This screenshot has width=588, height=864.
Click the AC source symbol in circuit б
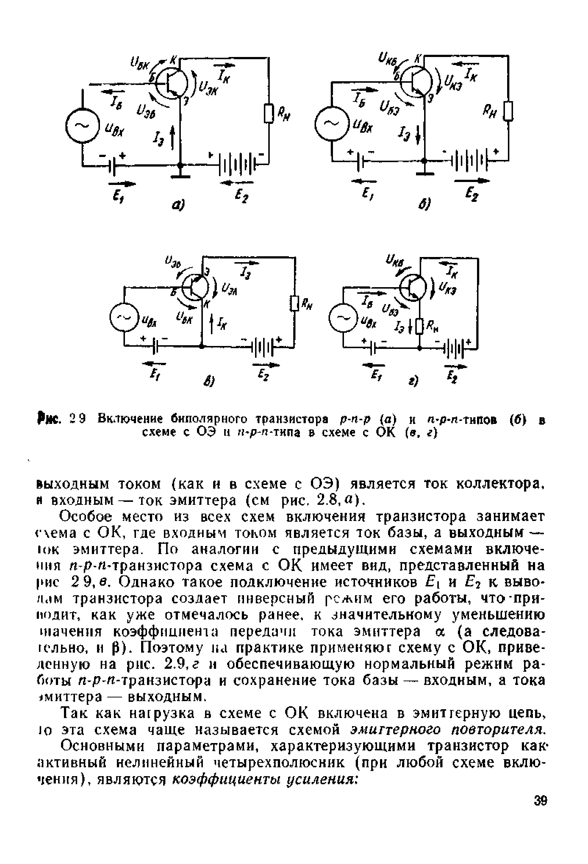click(332, 125)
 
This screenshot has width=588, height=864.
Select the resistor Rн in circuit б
click(508, 111)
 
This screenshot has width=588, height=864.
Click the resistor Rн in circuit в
click(295, 304)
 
